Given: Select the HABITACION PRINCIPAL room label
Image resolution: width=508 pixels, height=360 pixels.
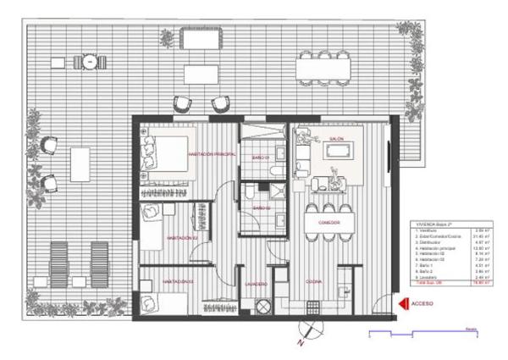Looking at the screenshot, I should [x=213, y=155].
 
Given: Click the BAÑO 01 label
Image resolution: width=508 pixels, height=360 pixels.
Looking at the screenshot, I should [x=258, y=158].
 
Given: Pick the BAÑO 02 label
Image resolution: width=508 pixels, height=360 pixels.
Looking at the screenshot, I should [x=260, y=208].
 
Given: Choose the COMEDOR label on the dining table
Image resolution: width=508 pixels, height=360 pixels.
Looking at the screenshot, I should [x=329, y=222].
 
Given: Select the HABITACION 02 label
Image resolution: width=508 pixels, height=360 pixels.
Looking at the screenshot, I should [x=182, y=238].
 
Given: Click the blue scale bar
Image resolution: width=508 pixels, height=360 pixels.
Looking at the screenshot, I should [x=423, y=332].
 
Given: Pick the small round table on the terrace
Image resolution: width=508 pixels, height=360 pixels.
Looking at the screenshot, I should [x=88, y=61].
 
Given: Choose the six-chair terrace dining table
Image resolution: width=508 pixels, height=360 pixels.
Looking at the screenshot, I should [x=324, y=65].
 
